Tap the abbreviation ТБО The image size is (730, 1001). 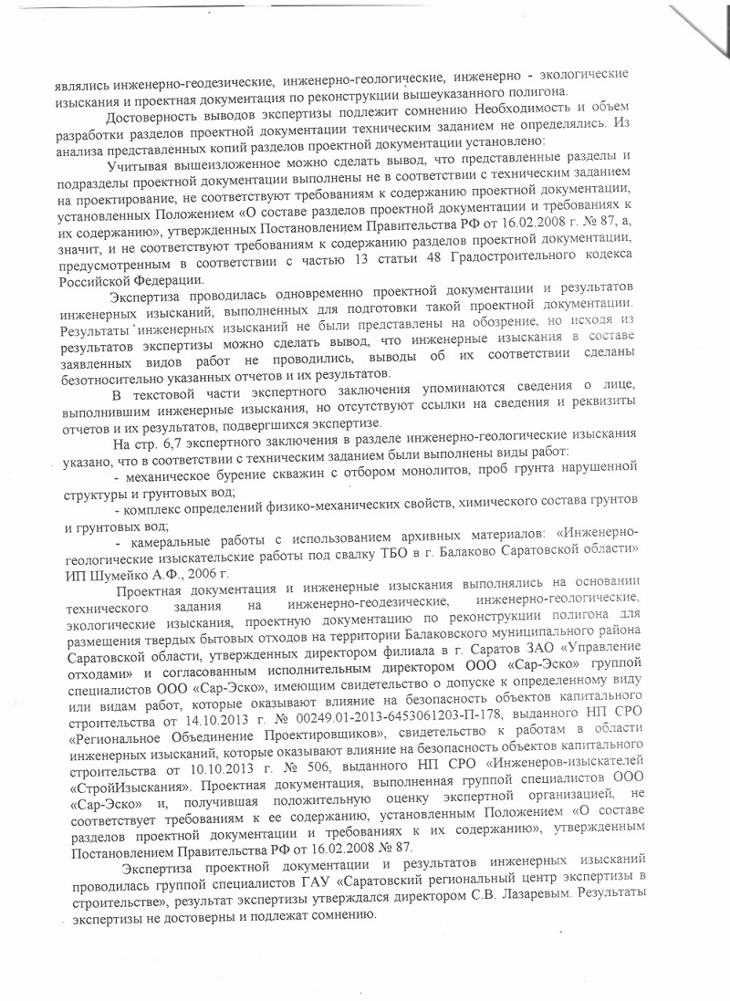374,551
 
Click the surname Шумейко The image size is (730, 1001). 112,574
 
